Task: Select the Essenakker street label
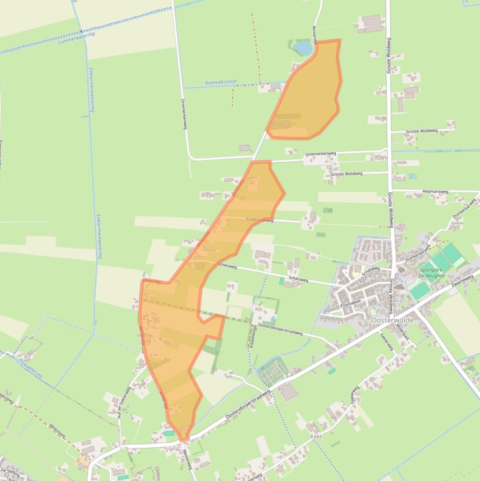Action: (350, 302)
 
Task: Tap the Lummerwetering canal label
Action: (74, 40)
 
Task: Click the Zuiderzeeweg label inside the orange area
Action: (260, 220)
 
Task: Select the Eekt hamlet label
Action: (316, 436)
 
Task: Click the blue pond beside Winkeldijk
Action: (303, 47)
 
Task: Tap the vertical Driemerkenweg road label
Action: (184, 113)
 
